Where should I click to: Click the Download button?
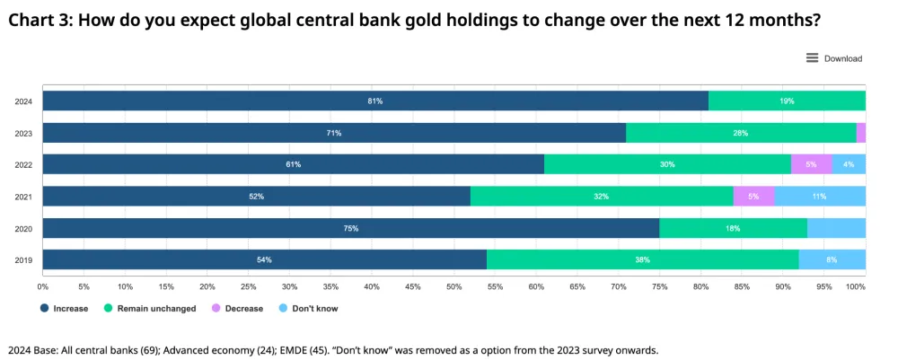(834, 58)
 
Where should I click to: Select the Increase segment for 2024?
(375, 101)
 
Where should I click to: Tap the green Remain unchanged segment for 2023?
(740, 133)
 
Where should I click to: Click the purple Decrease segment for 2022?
(811, 164)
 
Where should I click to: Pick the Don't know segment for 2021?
(819, 196)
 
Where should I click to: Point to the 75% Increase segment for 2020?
(351, 228)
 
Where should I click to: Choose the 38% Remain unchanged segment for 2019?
(642, 259)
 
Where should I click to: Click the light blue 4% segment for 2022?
(849, 164)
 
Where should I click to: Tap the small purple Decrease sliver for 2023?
(860, 133)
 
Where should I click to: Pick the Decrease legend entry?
(237, 309)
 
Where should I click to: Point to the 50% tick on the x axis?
(453, 287)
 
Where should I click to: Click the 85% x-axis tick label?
(742, 287)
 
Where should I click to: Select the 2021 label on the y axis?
(23, 197)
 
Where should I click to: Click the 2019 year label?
(23, 259)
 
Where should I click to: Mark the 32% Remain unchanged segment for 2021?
(602, 196)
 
